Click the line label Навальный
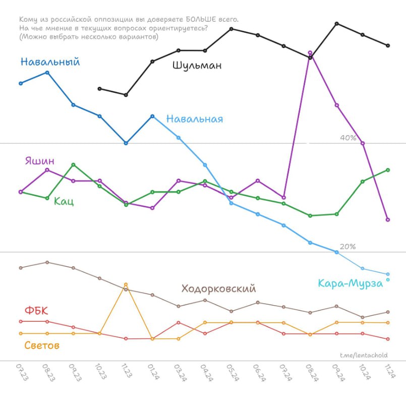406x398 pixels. pyautogui.click(x=50, y=62)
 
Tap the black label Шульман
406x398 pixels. pyautogui.click(x=197, y=65)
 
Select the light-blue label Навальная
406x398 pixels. pyautogui.click(x=195, y=120)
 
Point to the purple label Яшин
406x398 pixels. pyautogui.click(x=39, y=161)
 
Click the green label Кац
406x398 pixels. pyautogui.click(x=64, y=201)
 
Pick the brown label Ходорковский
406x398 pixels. pyautogui.click(x=218, y=289)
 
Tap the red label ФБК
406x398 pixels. pyautogui.click(x=36, y=310)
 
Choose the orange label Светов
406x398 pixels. pyautogui.click(x=42, y=346)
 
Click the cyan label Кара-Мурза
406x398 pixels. pyautogui.click(x=350, y=283)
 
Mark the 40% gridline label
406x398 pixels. pyautogui.click(x=348, y=138)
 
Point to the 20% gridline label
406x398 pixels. pyautogui.click(x=348, y=247)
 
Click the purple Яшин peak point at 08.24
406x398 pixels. pyautogui.click(x=310, y=52)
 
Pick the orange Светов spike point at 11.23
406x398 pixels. pyautogui.click(x=126, y=285)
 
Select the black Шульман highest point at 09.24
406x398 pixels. pyautogui.click(x=336, y=23)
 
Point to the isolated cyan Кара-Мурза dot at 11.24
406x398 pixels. pyautogui.click(x=388, y=279)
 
